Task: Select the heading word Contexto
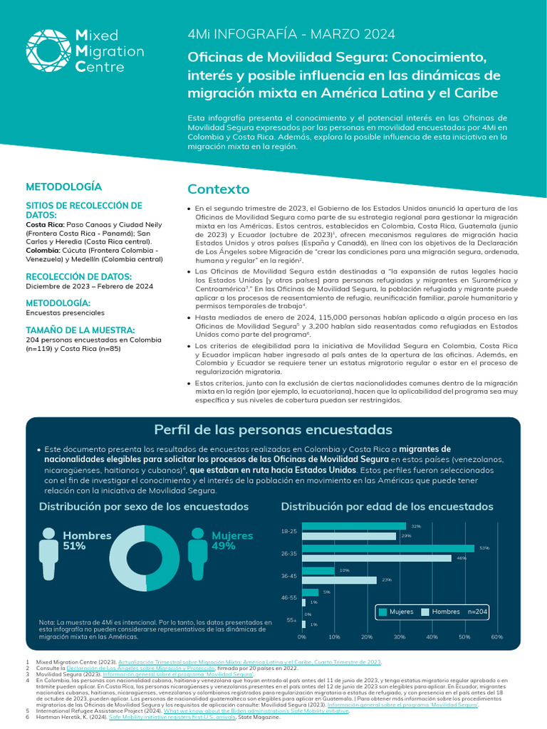pyautogui.click(x=218, y=189)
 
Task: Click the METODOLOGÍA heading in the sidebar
pyautogui.click(x=63, y=187)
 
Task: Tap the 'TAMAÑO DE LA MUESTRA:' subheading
pyautogui.click(x=80, y=330)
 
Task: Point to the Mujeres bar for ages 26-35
pyautogui.click(x=389, y=548)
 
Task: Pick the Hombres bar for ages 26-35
pyautogui.click(x=377, y=558)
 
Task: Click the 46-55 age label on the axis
pyautogui.click(x=288, y=597)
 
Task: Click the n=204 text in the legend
pyautogui.click(x=478, y=612)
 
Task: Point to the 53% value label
pyautogui.click(x=484, y=548)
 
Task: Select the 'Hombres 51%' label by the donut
pyautogui.click(x=87, y=540)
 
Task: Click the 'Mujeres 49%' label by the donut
pyautogui.click(x=232, y=540)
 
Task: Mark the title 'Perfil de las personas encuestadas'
pyautogui.click(x=273, y=430)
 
